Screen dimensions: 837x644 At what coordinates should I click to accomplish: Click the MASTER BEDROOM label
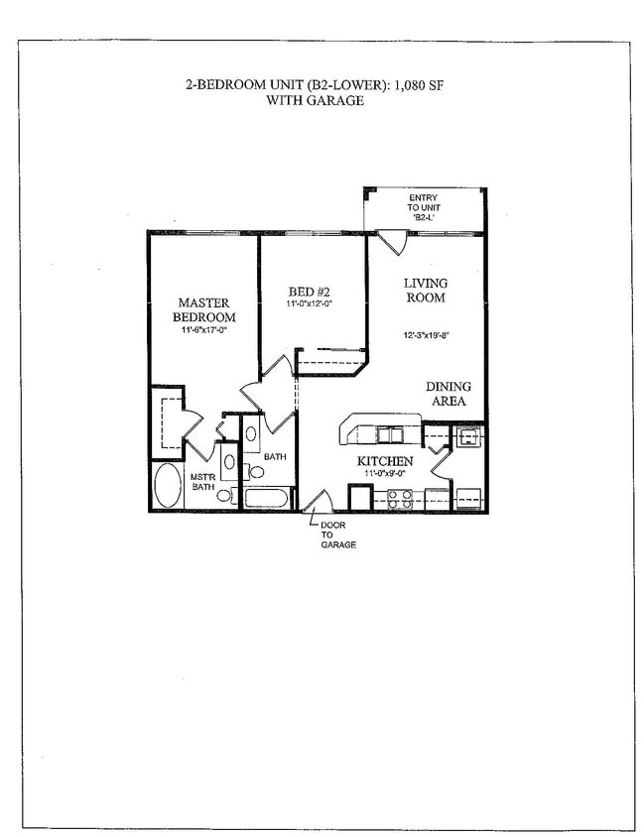coord(204,309)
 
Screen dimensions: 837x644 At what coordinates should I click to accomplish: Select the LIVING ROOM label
coord(425,290)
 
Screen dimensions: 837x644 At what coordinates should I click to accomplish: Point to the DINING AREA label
coord(449,393)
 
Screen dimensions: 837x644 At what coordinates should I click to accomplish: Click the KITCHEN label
coord(385,462)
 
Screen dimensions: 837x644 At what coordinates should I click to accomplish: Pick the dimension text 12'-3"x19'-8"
coord(427,334)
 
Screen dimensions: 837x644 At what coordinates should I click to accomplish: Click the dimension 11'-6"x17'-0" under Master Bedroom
coord(204,331)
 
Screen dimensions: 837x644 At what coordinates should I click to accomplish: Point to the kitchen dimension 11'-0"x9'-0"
coord(386,475)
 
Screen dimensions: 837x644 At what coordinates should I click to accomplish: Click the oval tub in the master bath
coord(169,486)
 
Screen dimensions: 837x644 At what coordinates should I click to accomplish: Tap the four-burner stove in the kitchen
coord(399,499)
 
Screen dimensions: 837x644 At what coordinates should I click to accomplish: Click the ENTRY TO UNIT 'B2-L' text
coord(424,205)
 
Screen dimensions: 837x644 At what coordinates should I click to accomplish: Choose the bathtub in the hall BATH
coord(269,497)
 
